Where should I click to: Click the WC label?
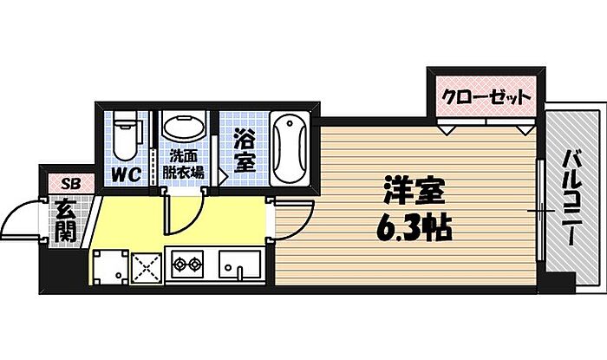click(127, 174)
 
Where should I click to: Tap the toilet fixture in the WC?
click(125, 135)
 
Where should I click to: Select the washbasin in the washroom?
click(184, 126)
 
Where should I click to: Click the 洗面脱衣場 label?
click(183, 164)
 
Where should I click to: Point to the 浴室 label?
click(245, 153)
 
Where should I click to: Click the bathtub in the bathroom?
click(290, 148)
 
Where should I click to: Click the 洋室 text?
click(414, 191)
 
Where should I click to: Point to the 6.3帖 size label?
click(414, 230)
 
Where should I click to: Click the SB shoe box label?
click(71, 184)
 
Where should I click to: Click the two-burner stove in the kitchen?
click(187, 264)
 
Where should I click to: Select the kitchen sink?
click(239, 265)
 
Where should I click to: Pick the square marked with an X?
click(147, 268)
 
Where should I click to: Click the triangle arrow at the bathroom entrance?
click(223, 176)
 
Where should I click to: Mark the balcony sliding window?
click(541, 211)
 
